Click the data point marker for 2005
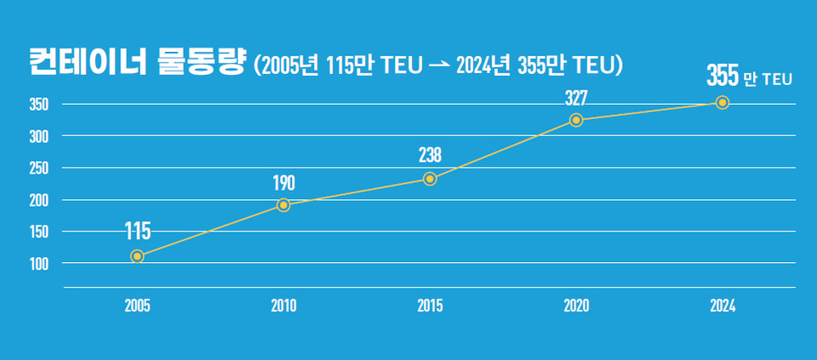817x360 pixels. (x=137, y=256)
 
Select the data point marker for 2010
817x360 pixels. (x=283, y=205)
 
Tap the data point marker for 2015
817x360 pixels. (x=430, y=179)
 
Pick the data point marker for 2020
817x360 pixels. (x=576, y=120)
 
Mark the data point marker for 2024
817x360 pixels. (x=723, y=102)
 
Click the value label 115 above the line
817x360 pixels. (x=138, y=231)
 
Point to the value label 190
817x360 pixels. (x=283, y=182)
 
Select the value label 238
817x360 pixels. (x=430, y=156)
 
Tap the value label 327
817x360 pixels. (x=576, y=97)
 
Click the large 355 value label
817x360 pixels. (x=722, y=77)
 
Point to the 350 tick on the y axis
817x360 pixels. (x=39, y=105)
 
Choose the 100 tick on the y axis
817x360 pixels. (x=39, y=264)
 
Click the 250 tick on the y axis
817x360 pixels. (x=39, y=169)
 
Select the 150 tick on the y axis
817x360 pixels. (x=39, y=231)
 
